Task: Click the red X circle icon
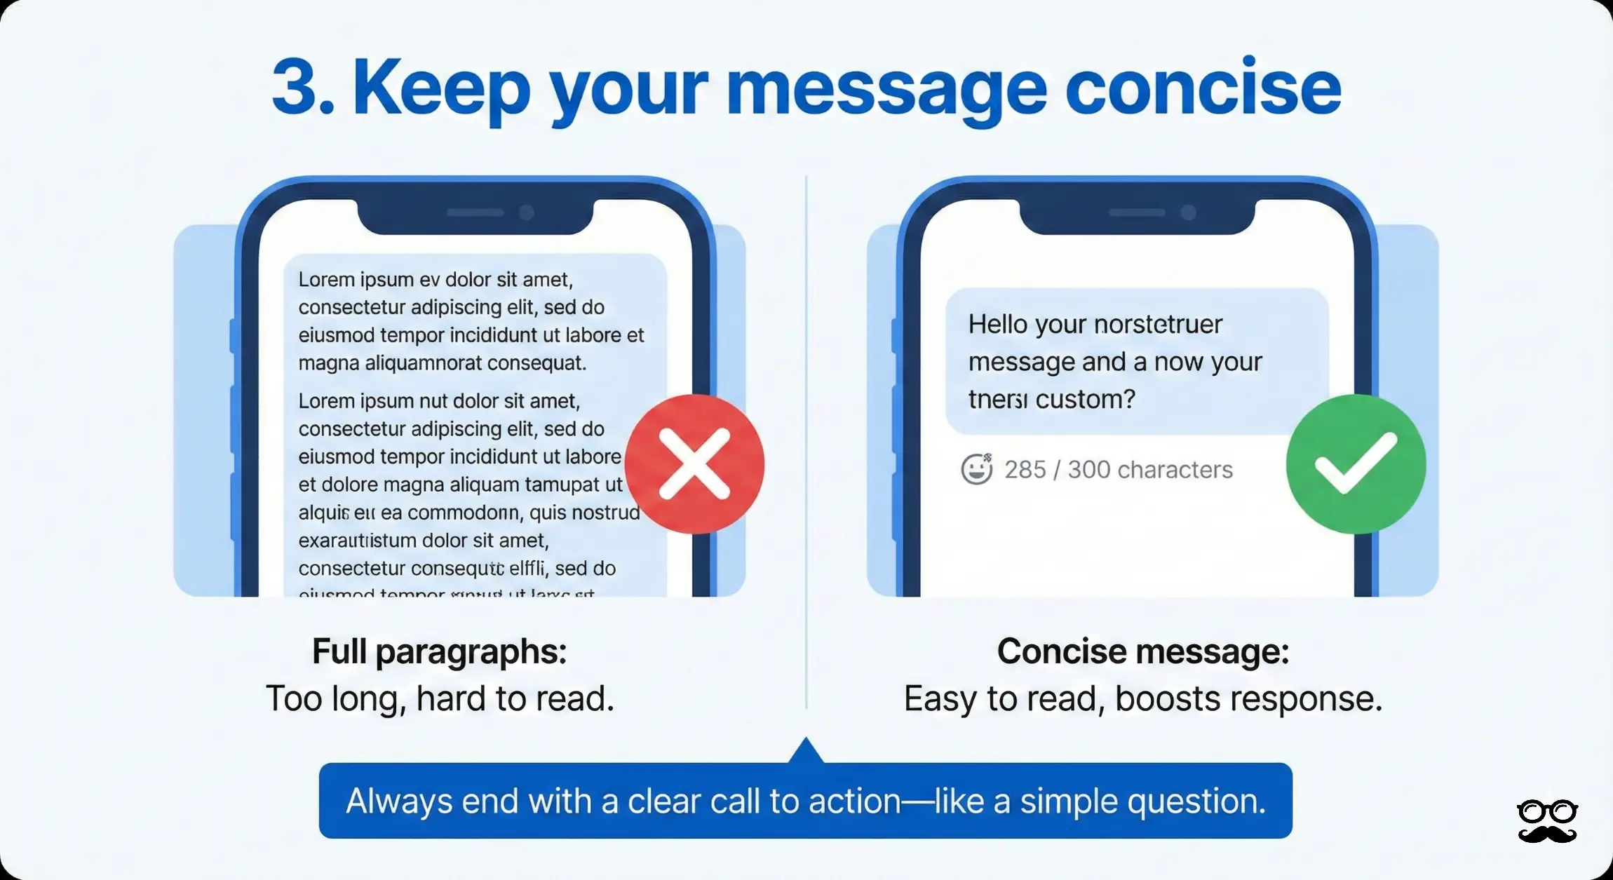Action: click(694, 464)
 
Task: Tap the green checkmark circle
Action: click(1356, 464)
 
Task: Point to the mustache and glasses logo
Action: click(1547, 821)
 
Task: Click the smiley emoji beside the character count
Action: click(976, 469)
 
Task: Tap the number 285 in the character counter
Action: click(1025, 470)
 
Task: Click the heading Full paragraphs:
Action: click(439, 652)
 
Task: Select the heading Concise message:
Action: click(1142, 652)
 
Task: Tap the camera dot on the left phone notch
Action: click(527, 212)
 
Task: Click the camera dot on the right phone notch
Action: click(1188, 212)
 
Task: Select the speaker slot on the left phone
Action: click(475, 212)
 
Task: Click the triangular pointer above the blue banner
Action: click(806, 751)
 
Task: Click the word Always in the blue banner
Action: click(399, 801)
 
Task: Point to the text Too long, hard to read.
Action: click(440, 699)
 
